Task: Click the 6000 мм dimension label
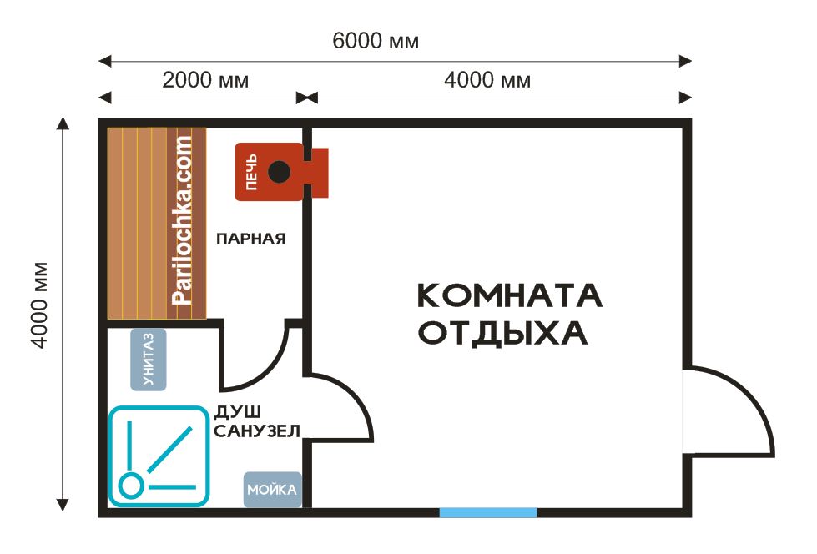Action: [376, 41]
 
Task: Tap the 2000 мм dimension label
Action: [205, 80]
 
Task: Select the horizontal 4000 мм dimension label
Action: [487, 80]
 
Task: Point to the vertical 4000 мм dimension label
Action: [39, 305]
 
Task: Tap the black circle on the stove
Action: [279, 172]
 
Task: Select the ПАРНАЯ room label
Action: [250, 239]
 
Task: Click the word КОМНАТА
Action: [510, 295]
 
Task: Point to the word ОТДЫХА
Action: [503, 334]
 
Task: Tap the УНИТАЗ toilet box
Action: [149, 360]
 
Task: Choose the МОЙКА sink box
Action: [273, 490]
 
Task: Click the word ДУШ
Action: [238, 413]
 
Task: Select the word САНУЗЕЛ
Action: [257, 431]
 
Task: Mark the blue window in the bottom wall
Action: [488, 513]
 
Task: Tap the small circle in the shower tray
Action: [130, 486]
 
